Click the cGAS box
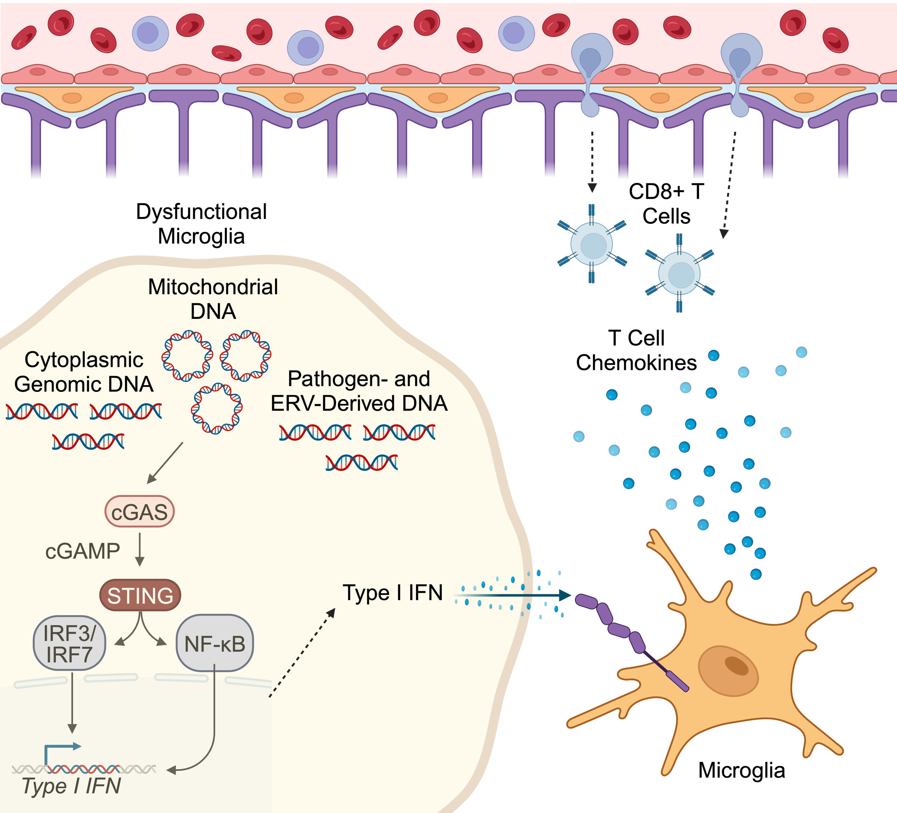139,512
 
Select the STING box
140,595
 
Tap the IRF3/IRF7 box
69,643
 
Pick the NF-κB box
215,643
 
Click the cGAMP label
82,552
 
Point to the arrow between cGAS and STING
140,549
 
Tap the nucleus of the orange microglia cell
728,671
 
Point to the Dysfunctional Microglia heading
201,224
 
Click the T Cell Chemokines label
636,350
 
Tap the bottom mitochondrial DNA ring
217,408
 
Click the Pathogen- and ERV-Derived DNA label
359,391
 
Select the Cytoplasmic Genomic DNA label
84,372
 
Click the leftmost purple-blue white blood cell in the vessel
150,33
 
